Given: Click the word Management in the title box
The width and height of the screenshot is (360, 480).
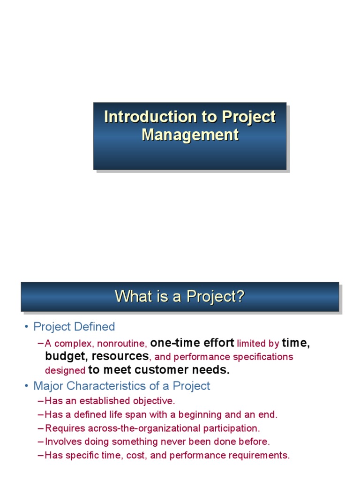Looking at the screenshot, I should [190, 135].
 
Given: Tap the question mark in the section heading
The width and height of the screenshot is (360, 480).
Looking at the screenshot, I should [241, 296].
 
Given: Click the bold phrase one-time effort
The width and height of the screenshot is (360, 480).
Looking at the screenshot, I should [192, 343].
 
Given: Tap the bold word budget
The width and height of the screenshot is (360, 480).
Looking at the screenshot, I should [65, 356].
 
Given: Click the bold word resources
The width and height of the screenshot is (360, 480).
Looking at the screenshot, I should [120, 356].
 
